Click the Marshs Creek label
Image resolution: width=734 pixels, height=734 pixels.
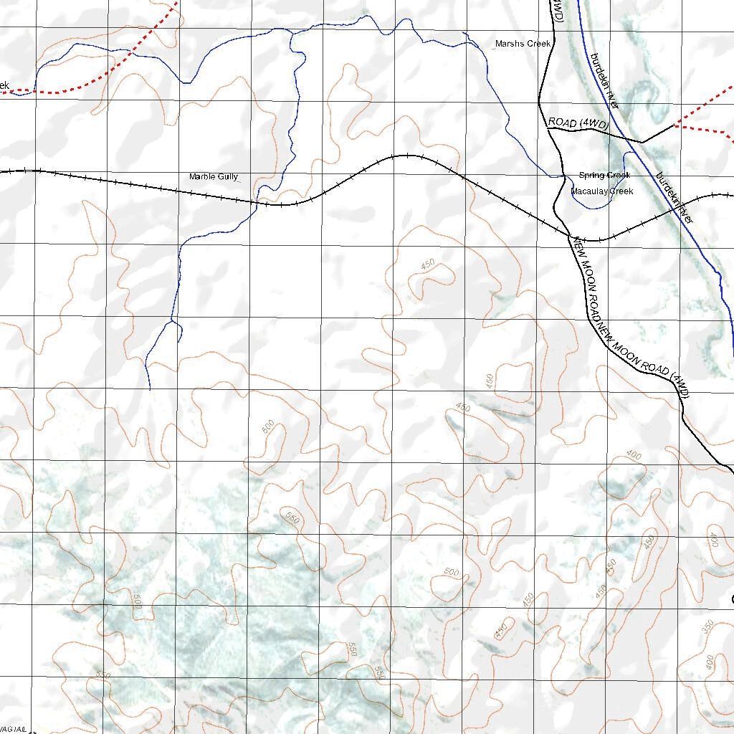[x=523, y=44]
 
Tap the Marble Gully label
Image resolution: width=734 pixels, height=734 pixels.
[x=213, y=176]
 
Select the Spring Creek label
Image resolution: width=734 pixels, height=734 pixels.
[x=604, y=176]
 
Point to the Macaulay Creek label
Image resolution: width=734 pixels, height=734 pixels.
[x=602, y=191]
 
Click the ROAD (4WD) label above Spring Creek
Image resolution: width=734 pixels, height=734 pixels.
[x=578, y=124]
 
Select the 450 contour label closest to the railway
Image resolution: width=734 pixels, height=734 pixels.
[x=428, y=265]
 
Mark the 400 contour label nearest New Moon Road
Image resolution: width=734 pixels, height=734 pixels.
[x=633, y=454]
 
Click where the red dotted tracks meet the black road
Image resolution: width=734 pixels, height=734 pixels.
[x=676, y=125]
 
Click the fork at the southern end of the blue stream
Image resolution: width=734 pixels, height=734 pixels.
[x=171, y=321]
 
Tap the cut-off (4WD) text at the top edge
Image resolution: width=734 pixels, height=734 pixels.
[x=558, y=10]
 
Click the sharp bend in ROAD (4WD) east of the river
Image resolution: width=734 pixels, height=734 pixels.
[x=642, y=142]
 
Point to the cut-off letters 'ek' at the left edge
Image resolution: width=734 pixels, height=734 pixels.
[x=4, y=85]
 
